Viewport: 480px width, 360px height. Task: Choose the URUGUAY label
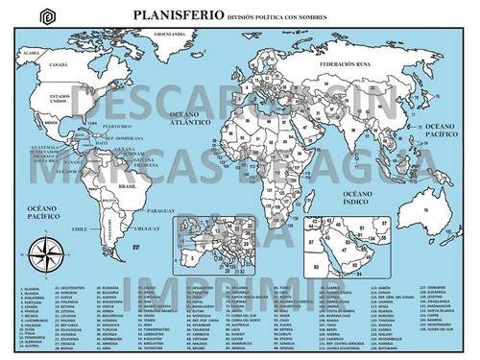coord(146,228)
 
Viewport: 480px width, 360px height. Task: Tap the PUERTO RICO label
coord(115,127)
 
